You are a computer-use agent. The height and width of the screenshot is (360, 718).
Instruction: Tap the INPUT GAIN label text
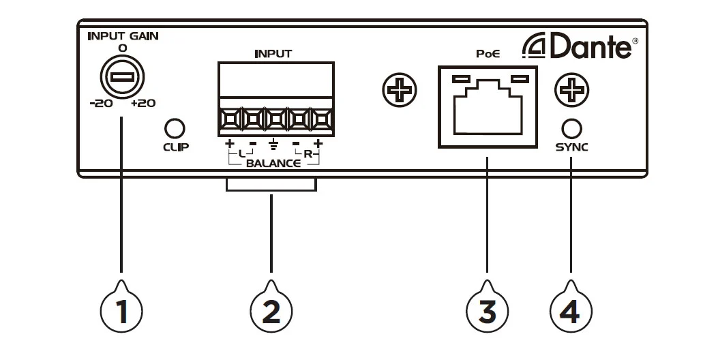click(x=123, y=36)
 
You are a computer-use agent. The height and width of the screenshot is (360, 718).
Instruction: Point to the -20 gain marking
click(x=100, y=104)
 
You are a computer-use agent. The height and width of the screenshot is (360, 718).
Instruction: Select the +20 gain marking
click(x=143, y=104)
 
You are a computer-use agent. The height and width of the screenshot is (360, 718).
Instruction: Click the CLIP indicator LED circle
click(x=176, y=127)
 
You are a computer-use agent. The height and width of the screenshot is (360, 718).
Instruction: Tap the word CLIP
click(x=176, y=147)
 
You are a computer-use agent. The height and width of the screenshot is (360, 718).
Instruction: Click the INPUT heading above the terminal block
click(x=273, y=53)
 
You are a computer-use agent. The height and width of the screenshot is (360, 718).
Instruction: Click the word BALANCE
click(x=273, y=164)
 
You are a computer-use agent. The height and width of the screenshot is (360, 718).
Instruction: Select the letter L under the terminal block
click(x=242, y=154)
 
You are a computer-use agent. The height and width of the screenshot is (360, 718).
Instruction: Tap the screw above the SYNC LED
click(x=571, y=90)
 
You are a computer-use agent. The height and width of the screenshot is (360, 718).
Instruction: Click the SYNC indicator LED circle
click(x=571, y=127)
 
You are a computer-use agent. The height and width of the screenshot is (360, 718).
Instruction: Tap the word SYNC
click(x=571, y=147)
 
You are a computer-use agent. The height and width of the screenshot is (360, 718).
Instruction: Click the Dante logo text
click(x=586, y=47)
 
